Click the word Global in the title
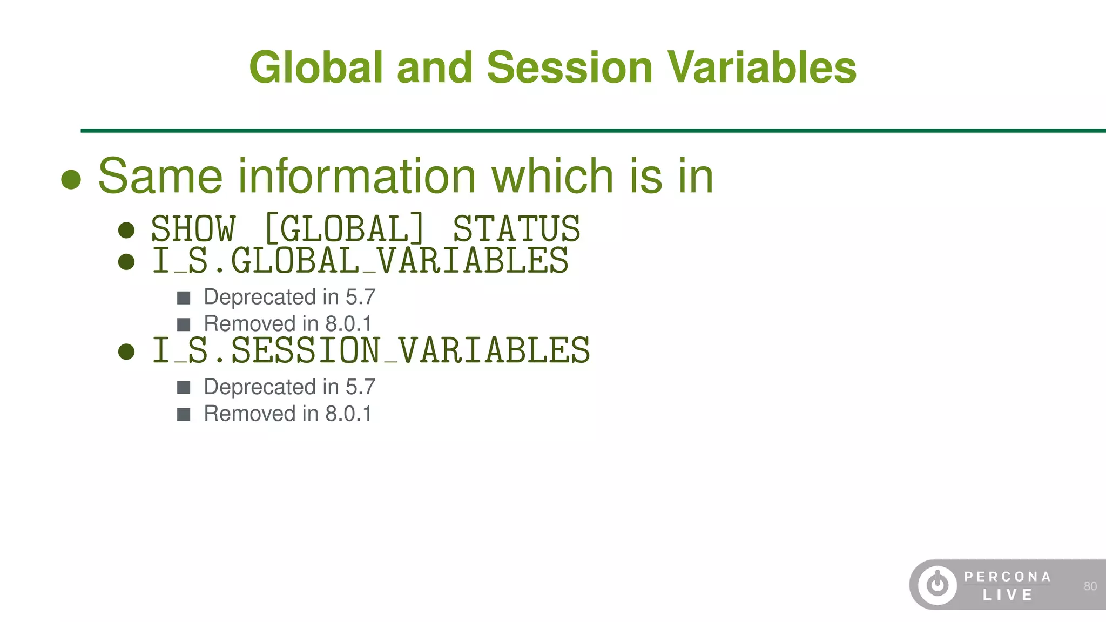point(316,67)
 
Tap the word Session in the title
point(570,67)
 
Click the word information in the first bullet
point(356,176)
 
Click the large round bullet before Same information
point(71,180)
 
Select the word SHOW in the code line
point(193,228)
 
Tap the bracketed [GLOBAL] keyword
point(344,228)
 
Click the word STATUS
point(516,228)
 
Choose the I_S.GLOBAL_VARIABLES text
point(360,261)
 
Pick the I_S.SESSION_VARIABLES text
point(371,350)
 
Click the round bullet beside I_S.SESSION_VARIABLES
point(126,352)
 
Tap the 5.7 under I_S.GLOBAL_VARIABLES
point(360,297)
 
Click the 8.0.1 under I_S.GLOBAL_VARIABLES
point(348,324)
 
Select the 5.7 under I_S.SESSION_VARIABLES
point(360,387)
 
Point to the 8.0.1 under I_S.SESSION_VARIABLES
point(348,414)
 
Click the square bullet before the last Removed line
point(184,414)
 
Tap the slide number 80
point(1090,586)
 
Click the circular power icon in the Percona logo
point(938,585)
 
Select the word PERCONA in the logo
point(1008,577)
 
